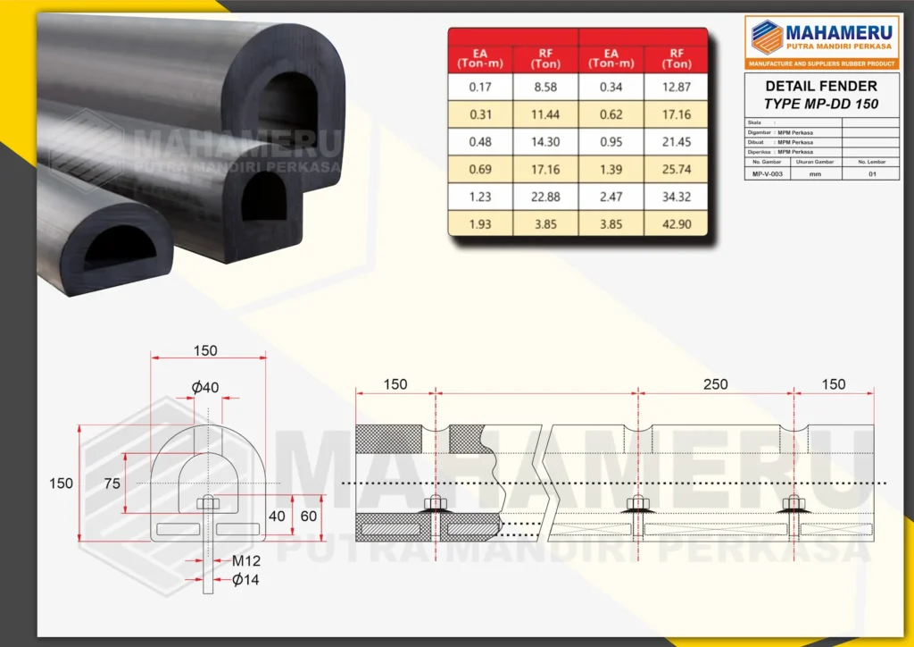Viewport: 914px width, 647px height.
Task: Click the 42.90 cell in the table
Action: click(x=677, y=224)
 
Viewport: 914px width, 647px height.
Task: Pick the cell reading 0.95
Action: click(x=611, y=143)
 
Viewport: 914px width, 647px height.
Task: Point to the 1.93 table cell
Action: click(x=480, y=224)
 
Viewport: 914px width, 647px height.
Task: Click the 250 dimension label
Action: click(x=715, y=385)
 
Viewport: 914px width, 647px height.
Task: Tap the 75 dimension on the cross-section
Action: click(x=112, y=483)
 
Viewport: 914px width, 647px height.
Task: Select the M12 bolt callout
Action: click(x=245, y=562)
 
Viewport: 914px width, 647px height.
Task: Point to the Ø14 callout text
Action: click(x=245, y=580)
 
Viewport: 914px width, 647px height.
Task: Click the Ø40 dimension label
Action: click(x=204, y=387)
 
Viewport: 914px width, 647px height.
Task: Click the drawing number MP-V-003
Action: click(x=767, y=175)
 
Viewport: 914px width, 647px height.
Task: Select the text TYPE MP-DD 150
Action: click(x=821, y=104)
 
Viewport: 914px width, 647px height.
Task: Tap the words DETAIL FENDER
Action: click(x=821, y=87)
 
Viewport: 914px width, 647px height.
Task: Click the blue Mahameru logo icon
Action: click(x=766, y=37)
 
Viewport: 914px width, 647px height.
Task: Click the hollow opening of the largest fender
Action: click(x=284, y=103)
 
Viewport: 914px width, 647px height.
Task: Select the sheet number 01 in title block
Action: click(x=872, y=175)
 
